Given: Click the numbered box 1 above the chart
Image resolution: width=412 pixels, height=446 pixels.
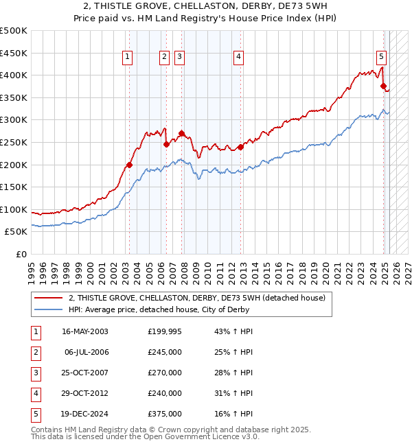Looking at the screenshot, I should tap(128, 58).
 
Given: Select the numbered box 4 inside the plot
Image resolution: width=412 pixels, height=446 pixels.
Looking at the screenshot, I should tap(238, 58).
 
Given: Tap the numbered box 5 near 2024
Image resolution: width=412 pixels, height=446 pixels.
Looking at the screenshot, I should tap(381, 58).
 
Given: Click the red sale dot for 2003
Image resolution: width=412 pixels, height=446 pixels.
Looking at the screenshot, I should tap(129, 165).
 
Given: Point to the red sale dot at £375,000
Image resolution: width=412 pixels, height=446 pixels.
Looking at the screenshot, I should tap(384, 86).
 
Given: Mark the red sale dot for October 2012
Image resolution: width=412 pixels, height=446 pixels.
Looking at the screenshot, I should tap(241, 147).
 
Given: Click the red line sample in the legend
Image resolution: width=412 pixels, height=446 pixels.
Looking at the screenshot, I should tap(48, 298).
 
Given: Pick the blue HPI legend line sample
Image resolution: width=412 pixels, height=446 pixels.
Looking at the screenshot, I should tap(48, 309).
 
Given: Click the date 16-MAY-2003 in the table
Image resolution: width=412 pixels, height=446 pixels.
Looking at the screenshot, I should tap(85, 331).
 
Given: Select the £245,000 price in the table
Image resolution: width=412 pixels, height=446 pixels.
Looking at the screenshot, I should tap(165, 352).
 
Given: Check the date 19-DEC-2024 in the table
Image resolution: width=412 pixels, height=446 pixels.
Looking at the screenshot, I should tap(85, 414).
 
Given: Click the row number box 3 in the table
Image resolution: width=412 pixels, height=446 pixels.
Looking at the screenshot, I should tap(35, 373).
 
